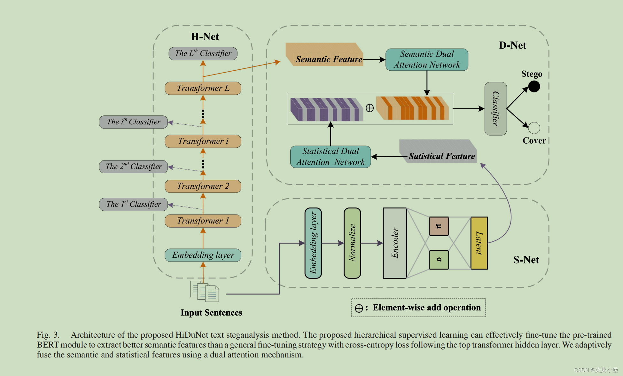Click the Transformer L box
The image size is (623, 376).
[x=203, y=88]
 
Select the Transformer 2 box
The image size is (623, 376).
[x=203, y=186]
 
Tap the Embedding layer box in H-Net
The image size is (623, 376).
[x=203, y=255]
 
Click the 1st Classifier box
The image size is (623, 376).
[x=134, y=204]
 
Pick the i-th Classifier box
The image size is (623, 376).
[x=134, y=122]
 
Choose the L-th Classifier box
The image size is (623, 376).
[x=203, y=53]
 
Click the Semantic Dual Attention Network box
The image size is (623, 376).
[x=427, y=59]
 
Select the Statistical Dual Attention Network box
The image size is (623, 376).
[x=331, y=157]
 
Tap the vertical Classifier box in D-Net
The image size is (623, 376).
[x=495, y=109]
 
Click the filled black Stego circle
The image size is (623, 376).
[x=534, y=86]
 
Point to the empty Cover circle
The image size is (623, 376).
[x=534, y=128]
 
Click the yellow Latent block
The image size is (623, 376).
[x=479, y=243]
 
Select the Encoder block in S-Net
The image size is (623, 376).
[x=395, y=243]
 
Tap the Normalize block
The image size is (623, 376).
[x=352, y=243]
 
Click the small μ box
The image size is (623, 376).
[x=439, y=226]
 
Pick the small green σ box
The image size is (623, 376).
[x=439, y=260]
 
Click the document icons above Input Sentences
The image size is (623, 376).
[x=205, y=291]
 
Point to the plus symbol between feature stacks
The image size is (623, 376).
[x=370, y=108]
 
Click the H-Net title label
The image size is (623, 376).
[x=205, y=37]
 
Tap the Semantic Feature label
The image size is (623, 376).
[x=329, y=59]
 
